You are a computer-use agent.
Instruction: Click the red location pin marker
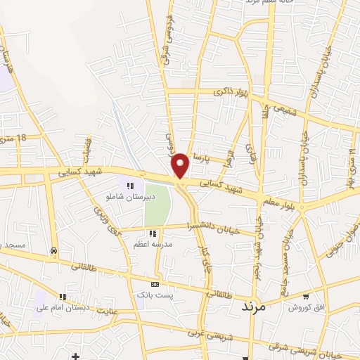click(x=181, y=166)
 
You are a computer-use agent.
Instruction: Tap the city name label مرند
click(x=252, y=307)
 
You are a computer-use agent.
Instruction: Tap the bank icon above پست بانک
click(x=155, y=284)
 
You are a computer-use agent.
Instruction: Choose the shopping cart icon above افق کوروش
click(x=305, y=296)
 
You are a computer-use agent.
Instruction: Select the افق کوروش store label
click(x=304, y=308)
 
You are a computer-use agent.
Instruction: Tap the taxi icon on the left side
click(x=54, y=251)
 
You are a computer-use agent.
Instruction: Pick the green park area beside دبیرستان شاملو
click(x=157, y=203)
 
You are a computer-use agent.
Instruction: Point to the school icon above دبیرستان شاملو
click(x=129, y=186)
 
